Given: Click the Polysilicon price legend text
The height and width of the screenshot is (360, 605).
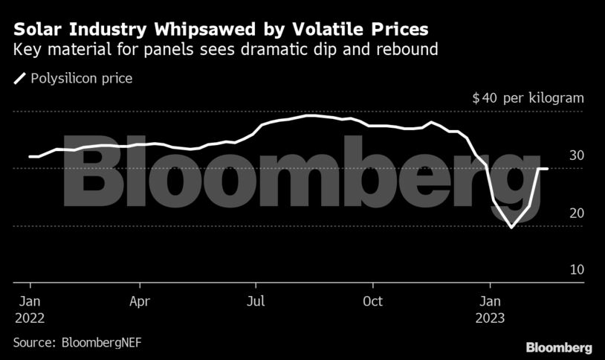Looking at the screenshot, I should [82, 78].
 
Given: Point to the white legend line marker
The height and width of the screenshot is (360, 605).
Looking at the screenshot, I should [20, 78].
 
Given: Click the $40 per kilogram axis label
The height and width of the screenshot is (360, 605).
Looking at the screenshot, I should [528, 98].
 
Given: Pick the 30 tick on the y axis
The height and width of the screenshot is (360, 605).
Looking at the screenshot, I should [577, 155].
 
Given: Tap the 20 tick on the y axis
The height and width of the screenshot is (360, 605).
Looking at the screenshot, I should [577, 213].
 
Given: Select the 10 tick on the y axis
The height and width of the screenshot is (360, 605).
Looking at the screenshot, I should [577, 270].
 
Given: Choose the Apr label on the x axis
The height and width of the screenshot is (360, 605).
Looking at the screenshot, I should [140, 301].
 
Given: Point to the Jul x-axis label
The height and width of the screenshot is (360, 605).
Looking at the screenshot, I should [256, 301].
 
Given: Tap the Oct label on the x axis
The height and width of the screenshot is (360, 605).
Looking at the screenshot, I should [372, 301].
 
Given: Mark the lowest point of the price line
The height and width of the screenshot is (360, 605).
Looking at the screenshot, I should [511, 227].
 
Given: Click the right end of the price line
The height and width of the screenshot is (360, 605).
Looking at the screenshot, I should [548, 169].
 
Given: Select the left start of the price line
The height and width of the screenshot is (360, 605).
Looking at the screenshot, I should [30, 156].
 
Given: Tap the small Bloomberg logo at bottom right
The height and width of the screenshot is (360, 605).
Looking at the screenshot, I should [559, 347].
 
